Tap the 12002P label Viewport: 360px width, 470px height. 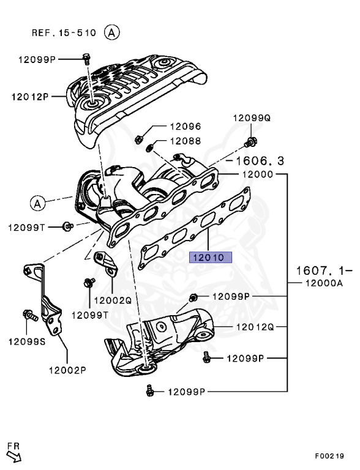(x=67, y=370)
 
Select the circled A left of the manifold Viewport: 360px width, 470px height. (x=37, y=202)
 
